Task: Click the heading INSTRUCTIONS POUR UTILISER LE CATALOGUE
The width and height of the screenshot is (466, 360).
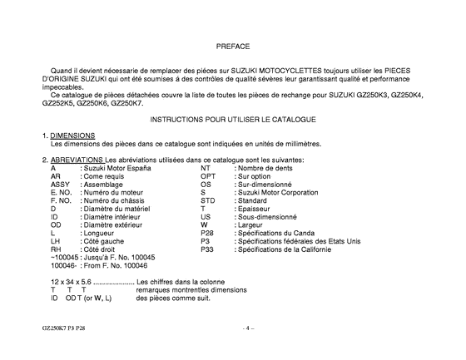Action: point(232,120)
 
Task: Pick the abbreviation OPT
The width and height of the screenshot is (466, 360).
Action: point(208,176)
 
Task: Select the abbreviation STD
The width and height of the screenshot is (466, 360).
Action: point(208,200)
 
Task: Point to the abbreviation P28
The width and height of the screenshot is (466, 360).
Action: point(208,233)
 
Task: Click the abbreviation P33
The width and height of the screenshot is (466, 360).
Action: point(208,249)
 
